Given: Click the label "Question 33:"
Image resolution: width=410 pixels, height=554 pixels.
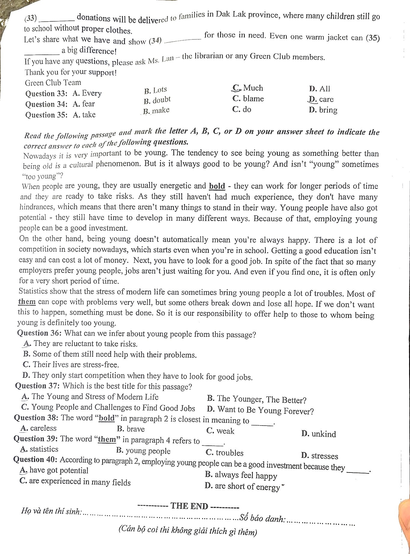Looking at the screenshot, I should (x=46, y=94).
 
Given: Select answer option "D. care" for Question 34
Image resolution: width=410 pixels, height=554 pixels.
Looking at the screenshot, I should (x=321, y=99).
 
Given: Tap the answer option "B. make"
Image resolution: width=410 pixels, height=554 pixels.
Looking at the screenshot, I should (x=156, y=111).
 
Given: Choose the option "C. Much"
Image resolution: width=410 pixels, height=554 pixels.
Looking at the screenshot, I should (x=248, y=88).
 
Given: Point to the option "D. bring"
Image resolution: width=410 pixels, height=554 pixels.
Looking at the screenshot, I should (x=323, y=110).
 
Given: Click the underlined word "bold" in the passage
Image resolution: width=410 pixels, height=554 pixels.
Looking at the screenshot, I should (x=217, y=186).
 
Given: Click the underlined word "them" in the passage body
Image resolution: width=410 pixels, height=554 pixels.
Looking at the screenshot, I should (x=27, y=301).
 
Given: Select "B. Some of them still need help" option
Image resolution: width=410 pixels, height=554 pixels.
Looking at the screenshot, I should (x=110, y=354).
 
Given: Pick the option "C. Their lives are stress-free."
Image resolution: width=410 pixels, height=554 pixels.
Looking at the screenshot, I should (x=71, y=365).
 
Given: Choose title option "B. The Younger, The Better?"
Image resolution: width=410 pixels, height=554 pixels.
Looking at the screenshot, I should (x=257, y=399).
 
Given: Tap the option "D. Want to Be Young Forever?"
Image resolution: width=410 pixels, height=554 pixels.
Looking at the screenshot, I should (x=260, y=410).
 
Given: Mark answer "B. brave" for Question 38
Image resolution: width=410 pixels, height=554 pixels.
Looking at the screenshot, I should (x=131, y=429).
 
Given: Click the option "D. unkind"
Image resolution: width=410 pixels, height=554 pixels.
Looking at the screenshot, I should (x=319, y=434).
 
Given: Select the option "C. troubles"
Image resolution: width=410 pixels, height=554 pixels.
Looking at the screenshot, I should (x=225, y=453).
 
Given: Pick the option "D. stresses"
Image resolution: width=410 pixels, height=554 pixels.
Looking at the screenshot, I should (x=320, y=456).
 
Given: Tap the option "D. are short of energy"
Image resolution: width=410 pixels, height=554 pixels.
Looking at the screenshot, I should (x=242, y=486).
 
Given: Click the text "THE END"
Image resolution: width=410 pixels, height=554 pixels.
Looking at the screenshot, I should (x=189, y=506).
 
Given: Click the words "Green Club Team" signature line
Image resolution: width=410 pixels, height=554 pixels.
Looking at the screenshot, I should (x=53, y=83).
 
